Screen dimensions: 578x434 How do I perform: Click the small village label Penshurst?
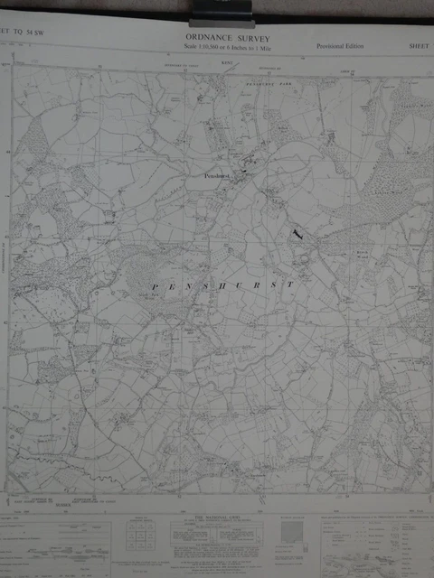217,178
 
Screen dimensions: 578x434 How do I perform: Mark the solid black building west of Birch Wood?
297,235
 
